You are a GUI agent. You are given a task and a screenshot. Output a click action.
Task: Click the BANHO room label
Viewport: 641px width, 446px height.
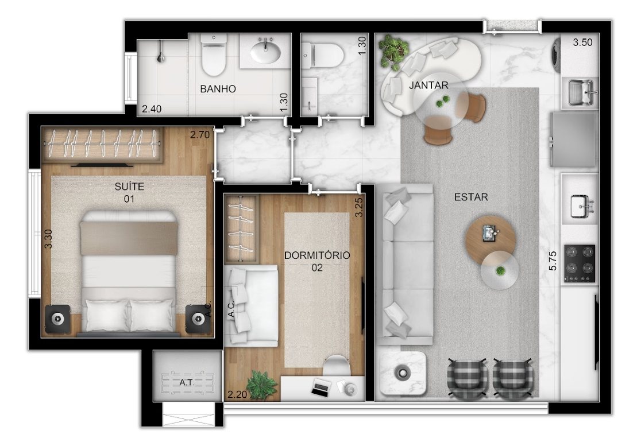point(218,88)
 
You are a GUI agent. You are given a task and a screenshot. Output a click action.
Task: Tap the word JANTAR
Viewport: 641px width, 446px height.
point(429,85)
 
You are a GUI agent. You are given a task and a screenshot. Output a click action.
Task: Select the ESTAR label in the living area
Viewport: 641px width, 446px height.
point(472,197)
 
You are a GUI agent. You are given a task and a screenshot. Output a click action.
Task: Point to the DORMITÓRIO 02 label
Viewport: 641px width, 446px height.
point(317,261)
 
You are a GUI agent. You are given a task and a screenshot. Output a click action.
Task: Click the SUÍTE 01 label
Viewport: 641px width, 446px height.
point(130,192)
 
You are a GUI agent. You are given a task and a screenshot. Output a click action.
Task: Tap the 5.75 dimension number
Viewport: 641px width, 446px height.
point(553,261)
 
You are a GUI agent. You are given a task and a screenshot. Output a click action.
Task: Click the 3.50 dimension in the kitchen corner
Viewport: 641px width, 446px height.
point(582,42)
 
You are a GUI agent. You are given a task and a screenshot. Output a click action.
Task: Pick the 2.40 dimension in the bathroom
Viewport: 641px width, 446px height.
point(152,108)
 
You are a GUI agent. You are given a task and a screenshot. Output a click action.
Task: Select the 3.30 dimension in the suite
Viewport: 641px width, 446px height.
point(48,239)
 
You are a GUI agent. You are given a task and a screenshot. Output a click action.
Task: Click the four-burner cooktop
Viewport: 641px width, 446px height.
point(580,263)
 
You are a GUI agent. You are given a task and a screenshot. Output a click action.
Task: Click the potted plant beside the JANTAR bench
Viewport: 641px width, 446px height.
point(393,51)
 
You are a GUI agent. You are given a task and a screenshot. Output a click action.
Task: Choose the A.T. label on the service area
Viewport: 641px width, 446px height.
point(187,383)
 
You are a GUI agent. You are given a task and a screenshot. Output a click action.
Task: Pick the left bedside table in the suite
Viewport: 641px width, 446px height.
point(57,319)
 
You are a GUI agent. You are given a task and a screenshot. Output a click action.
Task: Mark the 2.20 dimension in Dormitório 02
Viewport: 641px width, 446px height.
point(238,394)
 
